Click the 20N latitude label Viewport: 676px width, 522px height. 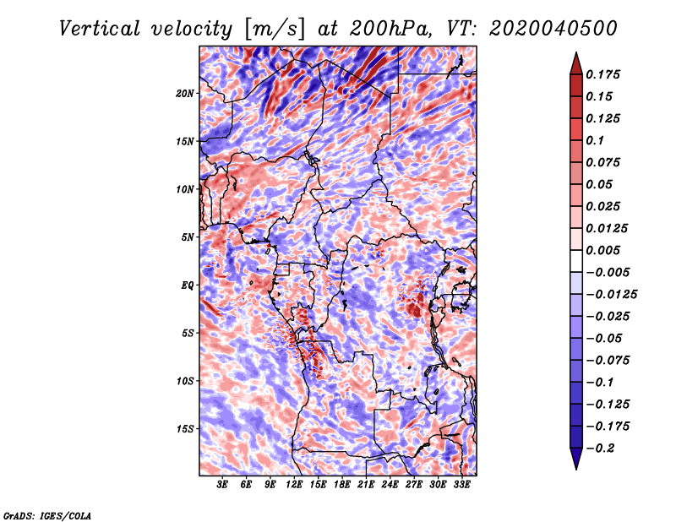185,94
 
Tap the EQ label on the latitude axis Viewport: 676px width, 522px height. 187,285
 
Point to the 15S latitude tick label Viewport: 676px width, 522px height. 185,429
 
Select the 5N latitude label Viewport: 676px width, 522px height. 188,237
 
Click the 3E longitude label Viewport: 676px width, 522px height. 222,485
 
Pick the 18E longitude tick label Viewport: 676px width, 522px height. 342,485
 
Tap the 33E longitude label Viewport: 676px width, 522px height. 461,485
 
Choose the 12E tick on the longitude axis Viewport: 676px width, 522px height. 294,485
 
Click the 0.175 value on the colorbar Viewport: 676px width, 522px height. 602,74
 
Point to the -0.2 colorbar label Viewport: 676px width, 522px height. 600,449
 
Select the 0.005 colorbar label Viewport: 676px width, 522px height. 602,250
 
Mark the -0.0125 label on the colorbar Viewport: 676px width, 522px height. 611,295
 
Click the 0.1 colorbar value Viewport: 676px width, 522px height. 595,140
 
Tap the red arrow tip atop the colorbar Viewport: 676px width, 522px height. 576,53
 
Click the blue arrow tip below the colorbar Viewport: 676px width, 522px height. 576,469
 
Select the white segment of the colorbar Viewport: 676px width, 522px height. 576,261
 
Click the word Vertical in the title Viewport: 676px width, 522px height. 100,29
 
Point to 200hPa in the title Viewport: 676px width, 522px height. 390,29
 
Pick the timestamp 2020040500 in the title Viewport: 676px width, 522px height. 553,29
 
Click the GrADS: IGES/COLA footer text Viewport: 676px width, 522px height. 47,515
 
